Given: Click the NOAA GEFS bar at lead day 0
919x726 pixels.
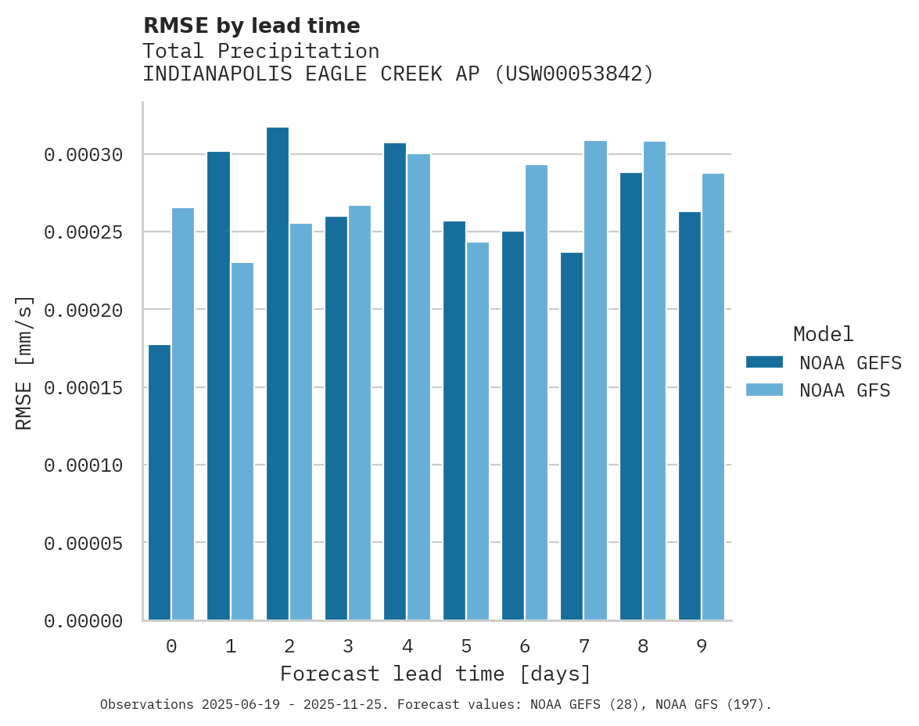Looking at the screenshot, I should click(x=160, y=482).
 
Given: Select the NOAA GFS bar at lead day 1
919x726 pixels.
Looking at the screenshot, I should click(x=242, y=441).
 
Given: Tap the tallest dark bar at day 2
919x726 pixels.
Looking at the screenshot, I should click(x=278, y=374).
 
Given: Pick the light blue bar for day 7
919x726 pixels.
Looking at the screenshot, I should click(x=595, y=380).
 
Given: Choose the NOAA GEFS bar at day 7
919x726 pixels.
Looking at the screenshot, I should click(x=572, y=436).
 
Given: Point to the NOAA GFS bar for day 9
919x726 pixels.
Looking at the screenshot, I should click(x=713, y=397).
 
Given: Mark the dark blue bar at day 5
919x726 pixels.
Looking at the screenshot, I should click(x=454, y=421).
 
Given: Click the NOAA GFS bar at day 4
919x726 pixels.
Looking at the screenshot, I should click(x=419, y=386).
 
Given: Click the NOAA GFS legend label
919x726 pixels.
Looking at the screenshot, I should click(x=845, y=390).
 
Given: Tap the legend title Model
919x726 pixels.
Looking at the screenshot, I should click(x=823, y=334).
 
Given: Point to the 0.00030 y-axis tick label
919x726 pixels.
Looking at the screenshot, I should click(x=84, y=155).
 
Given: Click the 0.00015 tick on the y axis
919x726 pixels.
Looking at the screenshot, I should click(x=84, y=388).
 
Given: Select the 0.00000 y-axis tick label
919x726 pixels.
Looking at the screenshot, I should click(x=84, y=621).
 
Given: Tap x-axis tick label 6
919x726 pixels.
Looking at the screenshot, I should click(x=525, y=646).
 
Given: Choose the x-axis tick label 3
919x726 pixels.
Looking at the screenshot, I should click(x=348, y=646).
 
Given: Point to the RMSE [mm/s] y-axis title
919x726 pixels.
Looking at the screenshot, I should click(x=24, y=362).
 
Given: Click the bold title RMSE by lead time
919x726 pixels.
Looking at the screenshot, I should click(x=252, y=26).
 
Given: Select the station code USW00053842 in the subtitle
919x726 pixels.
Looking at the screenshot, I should click(x=574, y=74).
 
